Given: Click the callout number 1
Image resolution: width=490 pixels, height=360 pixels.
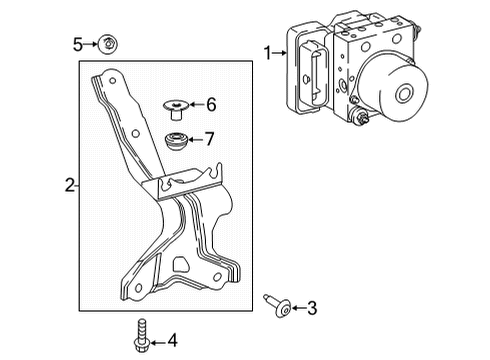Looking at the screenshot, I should [x=267, y=51].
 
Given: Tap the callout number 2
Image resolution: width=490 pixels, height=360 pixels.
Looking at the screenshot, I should [x=69, y=183].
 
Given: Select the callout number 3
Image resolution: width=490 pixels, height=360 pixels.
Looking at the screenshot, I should [x=312, y=308].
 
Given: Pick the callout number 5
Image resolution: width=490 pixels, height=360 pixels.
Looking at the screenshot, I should [x=76, y=43].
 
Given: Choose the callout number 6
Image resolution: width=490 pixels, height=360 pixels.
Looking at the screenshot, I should [x=210, y=104].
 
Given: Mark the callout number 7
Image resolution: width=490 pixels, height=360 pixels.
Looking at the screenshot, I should [x=210, y=138].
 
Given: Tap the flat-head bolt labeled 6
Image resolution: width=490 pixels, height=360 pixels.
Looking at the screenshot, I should [x=176, y=104].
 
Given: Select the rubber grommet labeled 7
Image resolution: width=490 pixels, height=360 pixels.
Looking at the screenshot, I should [x=176, y=139].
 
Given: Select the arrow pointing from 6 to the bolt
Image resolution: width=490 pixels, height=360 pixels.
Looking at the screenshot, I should [x=196, y=104].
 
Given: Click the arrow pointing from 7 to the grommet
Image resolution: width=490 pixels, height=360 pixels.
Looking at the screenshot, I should [x=196, y=138].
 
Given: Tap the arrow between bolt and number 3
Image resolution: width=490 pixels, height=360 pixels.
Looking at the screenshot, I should [x=297, y=308].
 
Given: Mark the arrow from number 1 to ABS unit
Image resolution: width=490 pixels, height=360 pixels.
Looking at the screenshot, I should [x=279, y=52].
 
